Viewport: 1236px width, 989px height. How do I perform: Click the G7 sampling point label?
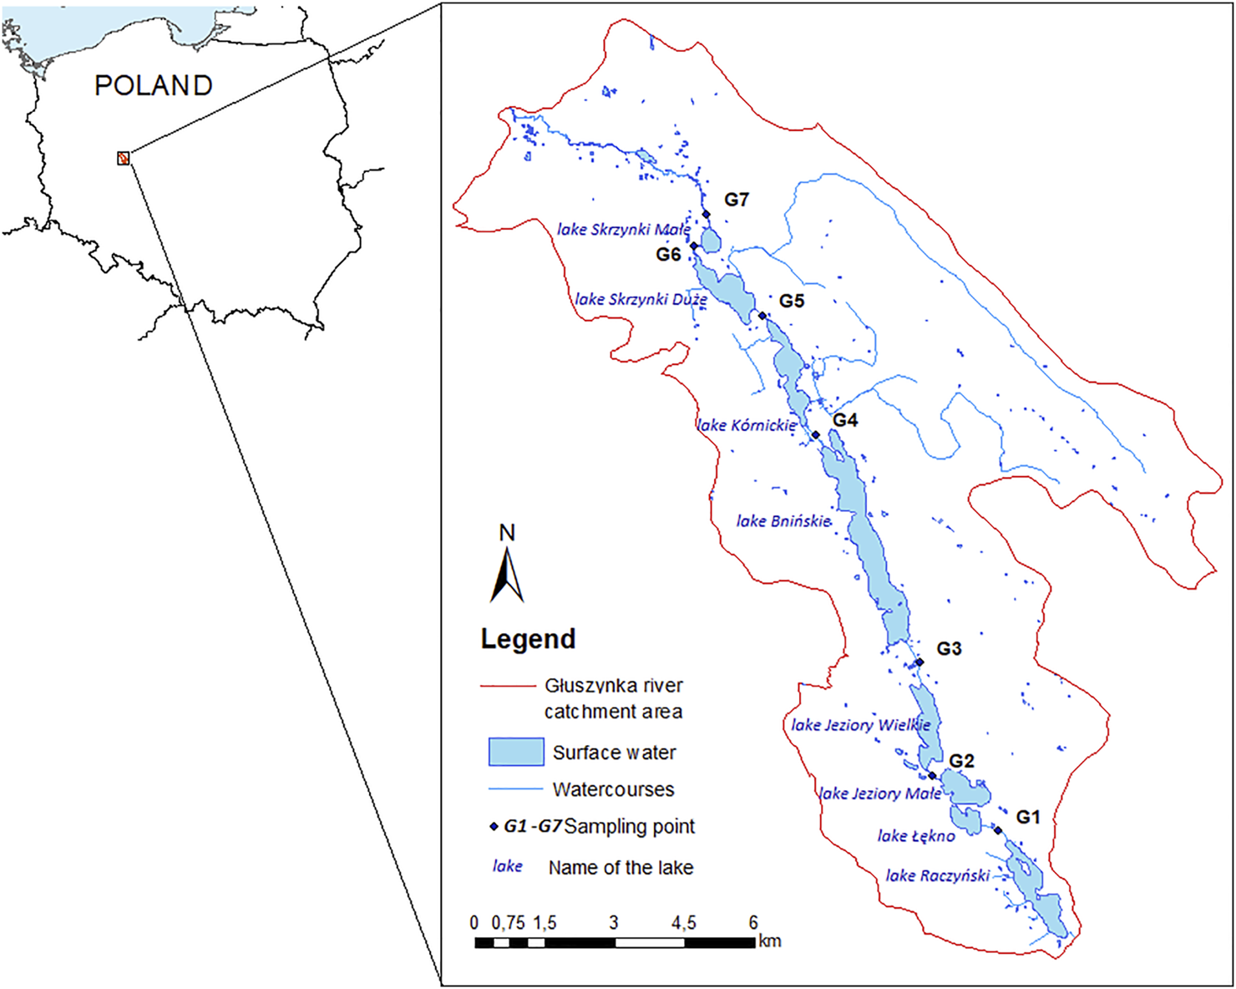pyautogui.click(x=736, y=200)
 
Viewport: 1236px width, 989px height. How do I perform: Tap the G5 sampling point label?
pyautogui.click(x=791, y=302)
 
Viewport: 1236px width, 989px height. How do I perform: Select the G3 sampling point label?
pyautogui.click(x=948, y=649)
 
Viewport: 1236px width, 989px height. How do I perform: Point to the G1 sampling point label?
pyautogui.click(x=1027, y=817)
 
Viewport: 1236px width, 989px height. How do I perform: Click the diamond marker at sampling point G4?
pyautogui.click(x=816, y=435)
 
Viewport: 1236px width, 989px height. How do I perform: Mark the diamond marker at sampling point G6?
pyautogui.click(x=693, y=246)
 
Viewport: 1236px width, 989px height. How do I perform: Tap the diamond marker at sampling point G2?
pyautogui.click(x=933, y=776)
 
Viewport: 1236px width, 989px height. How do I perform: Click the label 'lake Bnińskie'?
pyautogui.click(x=783, y=521)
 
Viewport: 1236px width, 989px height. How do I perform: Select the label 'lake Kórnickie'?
pyautogui.click(x=747, y=425)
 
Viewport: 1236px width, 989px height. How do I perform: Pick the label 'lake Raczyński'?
pyautogui.click(x=937, y=875)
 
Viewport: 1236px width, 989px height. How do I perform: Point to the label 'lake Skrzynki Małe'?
pyautogui.click(x=623, y=229)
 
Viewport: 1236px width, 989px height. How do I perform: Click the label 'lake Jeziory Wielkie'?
pyautogui.click(x=860, y=725)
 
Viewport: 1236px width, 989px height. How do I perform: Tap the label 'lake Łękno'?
pyautogui.click(x=916, y=835)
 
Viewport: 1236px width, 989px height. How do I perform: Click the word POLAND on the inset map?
pyautogui.click(x=153, y=85)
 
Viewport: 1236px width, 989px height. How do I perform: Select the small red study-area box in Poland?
pyautogui.click(x=124, y=158)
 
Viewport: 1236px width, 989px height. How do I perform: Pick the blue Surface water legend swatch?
pyautogui.click(x=515, y=752)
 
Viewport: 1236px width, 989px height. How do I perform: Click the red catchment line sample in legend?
pyautogui.click(x=507, y=686)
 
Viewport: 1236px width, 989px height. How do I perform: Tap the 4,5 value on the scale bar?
pyautogui.click(x=683, y=923)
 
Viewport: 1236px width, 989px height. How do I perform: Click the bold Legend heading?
pyautogui.click(x=528, y=639)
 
